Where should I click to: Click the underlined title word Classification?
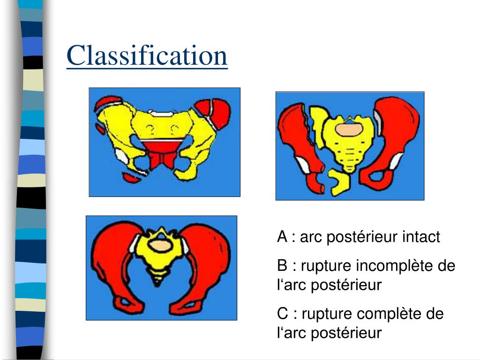tap(147, 55)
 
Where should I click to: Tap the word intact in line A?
tap(421, 237)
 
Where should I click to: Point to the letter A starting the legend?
tap(282, 237)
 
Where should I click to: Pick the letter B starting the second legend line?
tap(282, 266)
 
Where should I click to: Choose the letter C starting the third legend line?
tap(282, 314)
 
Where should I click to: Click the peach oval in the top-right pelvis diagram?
tap(348, 129)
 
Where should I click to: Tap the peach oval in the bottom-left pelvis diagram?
tap(160, 245)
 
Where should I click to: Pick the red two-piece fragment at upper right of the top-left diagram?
tap(213, 112)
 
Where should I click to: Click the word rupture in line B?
tap(326, 266)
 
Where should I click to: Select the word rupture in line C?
tap(326, 314)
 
